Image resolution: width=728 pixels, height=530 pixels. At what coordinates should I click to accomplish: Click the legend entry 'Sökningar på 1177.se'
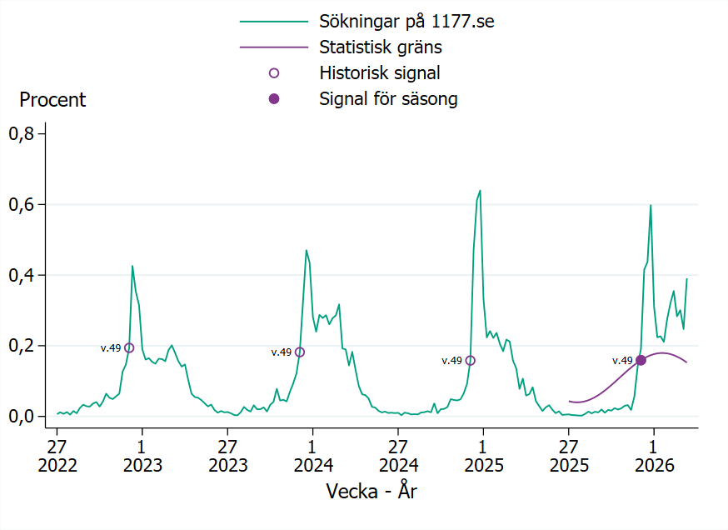click(406, 22)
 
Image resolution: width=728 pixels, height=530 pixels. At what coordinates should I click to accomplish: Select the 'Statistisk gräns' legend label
click(380, 47)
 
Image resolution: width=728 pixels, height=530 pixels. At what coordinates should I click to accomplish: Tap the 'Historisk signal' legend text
click(379, 73)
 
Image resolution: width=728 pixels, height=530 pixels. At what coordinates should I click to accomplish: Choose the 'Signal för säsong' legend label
click(388, 99)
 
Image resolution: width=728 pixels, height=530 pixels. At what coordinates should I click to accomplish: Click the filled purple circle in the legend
click(274, 99)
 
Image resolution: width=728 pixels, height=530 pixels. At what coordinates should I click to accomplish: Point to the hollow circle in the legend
click(274, 73)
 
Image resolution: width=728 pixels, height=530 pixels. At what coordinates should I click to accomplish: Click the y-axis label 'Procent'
click(52, 100)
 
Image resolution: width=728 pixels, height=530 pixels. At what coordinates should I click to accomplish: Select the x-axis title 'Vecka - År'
click(371, 492)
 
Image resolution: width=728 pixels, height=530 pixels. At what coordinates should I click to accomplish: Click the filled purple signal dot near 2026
click(641, 360)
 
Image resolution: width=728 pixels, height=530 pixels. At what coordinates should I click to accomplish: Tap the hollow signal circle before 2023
click(129, 348)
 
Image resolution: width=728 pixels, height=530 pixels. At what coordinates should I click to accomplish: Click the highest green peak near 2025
click(480, 191)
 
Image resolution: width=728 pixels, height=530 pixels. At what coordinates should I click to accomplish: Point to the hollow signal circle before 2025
click(471, 361)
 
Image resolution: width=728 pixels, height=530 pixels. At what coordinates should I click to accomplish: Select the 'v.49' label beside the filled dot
click(622, 361)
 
